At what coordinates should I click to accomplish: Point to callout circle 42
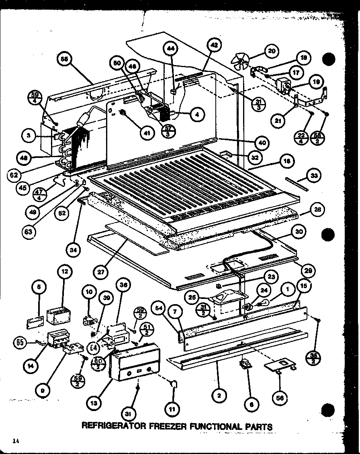point(214,45)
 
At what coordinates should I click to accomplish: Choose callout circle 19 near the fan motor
point(316,82)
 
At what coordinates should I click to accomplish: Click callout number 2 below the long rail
point(219,395)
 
